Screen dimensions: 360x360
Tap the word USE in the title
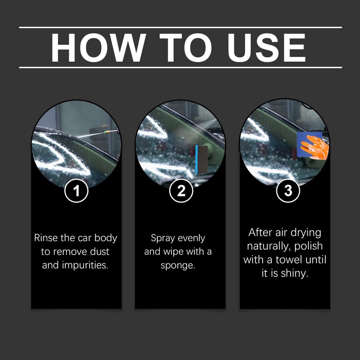(x=266, y=47)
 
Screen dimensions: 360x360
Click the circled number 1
(x=76, y=191)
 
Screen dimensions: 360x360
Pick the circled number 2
(x=181, y=191)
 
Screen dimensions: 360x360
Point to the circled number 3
(x=288, y=191)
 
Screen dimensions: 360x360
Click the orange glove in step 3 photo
(x=315, y=147)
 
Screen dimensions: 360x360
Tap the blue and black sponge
(x=201, y=159)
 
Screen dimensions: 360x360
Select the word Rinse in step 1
(x=46, y=238)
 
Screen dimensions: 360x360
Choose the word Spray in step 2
(x=163, y=238)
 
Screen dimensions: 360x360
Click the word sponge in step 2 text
(x=177, y=265)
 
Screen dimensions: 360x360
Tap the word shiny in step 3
(x=294, y=274)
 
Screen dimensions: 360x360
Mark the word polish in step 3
(x=308, y=246)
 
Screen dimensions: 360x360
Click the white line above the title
(x=180, y=27)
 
